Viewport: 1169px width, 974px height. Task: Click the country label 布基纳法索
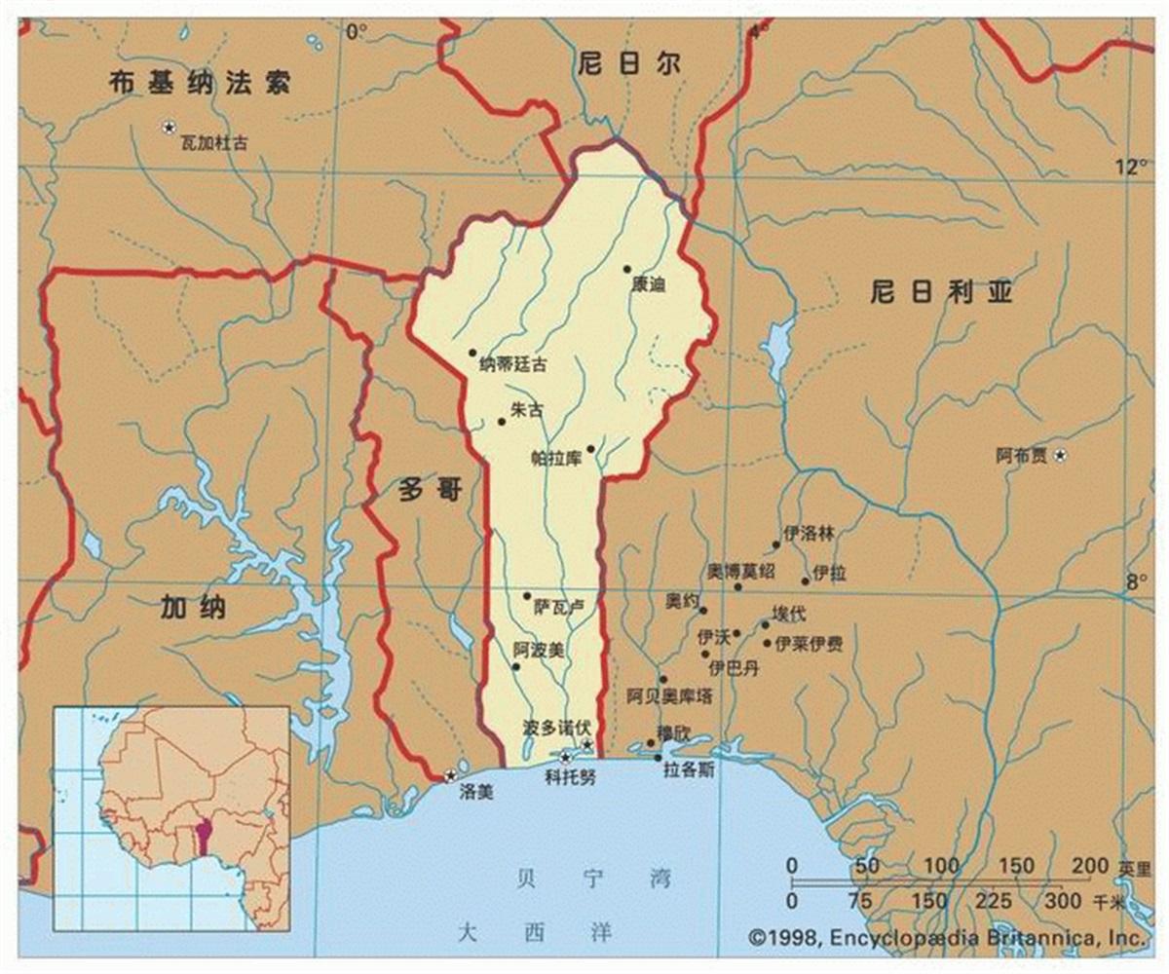click(200, 83)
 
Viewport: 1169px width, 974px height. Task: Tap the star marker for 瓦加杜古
click(169, 127)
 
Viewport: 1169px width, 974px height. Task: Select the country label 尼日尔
click(628, 65)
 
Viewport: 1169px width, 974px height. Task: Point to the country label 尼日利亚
click(941, 290)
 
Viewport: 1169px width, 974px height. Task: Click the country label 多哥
click(430, 489)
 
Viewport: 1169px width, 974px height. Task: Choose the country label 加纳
click(194, 608)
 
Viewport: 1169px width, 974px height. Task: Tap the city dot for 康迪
click(627, 269)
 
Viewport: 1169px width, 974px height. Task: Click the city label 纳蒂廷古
click(512, 365)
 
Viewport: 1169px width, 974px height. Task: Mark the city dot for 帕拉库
click(590, 449)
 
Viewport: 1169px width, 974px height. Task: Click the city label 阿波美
click(538, 648)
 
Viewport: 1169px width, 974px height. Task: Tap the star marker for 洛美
click(450, 775)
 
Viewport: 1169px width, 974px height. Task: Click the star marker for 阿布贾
click(1061, 455)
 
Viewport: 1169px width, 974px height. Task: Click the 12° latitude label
click(1131, 167)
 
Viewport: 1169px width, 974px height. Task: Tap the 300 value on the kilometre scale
click(1064, 901)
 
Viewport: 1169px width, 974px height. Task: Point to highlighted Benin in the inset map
click(205, 835)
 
